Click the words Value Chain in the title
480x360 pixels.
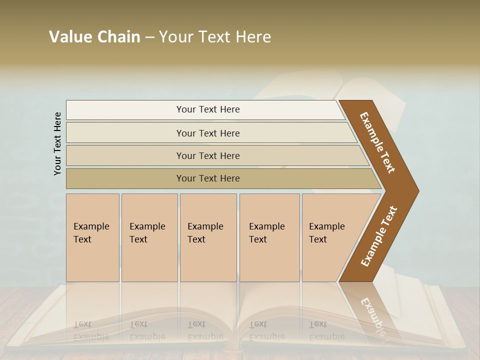coord(94,37)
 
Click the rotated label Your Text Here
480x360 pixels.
coord(57,143)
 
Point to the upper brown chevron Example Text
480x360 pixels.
coord(377,142)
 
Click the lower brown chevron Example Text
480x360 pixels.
coord(379,236)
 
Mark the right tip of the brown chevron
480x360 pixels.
coord(417,190)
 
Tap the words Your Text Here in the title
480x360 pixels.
coord(215,37)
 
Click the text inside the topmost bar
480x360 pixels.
coord(208,109)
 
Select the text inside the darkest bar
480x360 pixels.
coord(208,178)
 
